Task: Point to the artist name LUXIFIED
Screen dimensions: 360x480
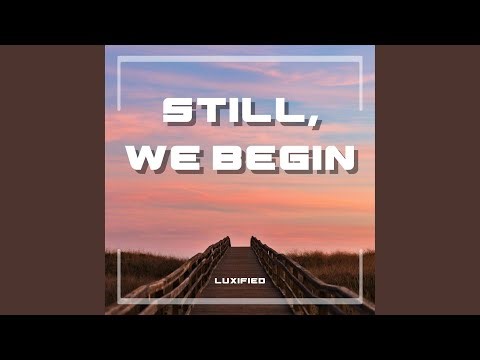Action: [240, 280]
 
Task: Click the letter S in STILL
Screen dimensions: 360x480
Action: [179, 110]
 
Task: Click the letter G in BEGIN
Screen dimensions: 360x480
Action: [288, 159]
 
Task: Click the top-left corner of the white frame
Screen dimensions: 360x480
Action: [119, 58]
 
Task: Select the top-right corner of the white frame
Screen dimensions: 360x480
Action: [360, 58]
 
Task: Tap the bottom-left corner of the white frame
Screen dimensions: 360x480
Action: [119, 301]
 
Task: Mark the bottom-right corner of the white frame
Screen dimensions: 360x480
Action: [360, 301]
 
